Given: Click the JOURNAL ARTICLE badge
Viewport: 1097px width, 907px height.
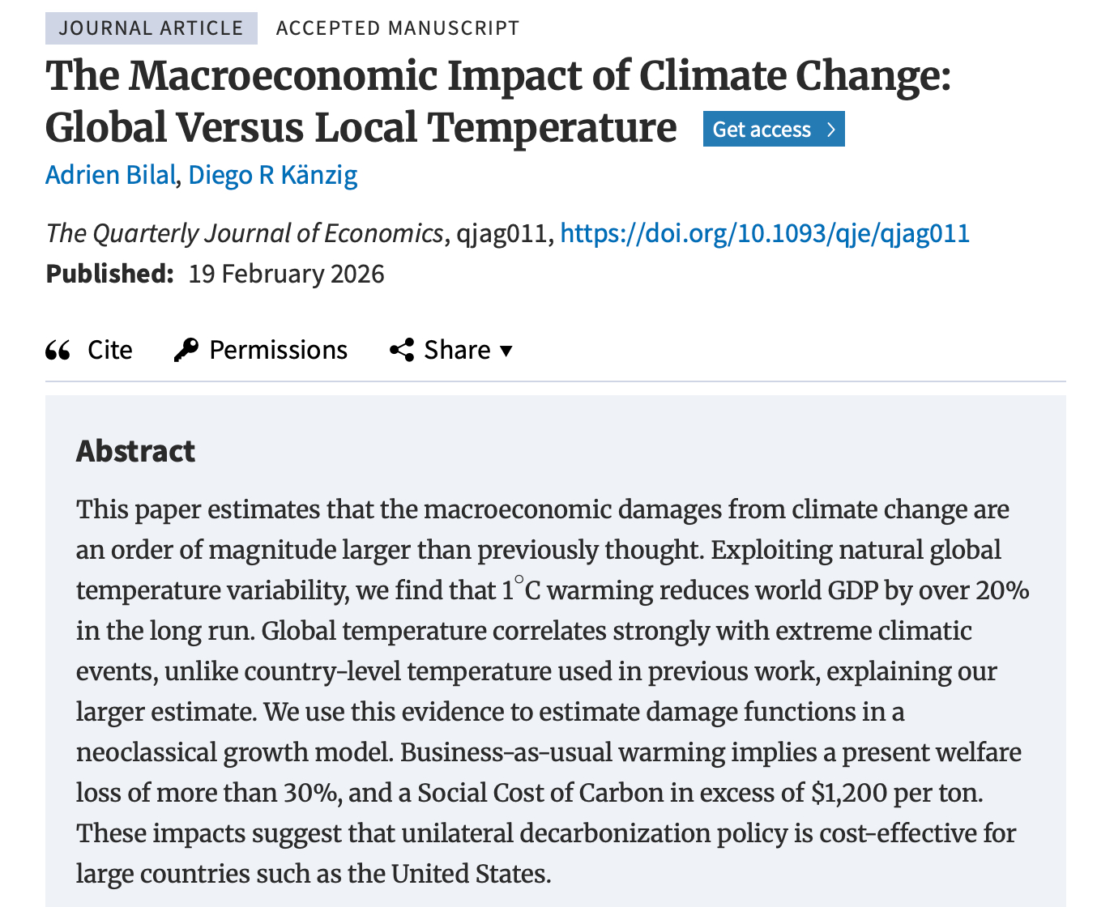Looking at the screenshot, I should [151, 28].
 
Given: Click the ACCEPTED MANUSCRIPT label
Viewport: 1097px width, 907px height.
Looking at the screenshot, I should [397, 28].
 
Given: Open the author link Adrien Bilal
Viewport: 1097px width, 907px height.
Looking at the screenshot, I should [110, 175].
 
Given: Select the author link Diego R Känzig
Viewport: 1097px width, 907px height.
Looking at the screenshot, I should [273, 175].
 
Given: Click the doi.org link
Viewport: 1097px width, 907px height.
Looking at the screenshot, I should [765, 233].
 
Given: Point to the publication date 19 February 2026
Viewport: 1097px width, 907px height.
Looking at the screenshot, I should [286, 274].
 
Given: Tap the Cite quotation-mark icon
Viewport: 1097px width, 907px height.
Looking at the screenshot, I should [58, 350].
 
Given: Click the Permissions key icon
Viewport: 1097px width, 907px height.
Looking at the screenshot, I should [186, 350].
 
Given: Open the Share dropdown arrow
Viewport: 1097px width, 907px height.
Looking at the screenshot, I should [506, 351].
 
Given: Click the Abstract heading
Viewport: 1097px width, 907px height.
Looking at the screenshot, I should [135, 451].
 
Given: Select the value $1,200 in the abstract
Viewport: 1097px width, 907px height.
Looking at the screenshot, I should [849, 792].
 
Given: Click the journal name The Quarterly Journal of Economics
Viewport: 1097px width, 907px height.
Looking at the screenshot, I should [245, 233].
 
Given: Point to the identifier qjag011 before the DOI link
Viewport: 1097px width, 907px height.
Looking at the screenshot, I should [502, 233].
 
